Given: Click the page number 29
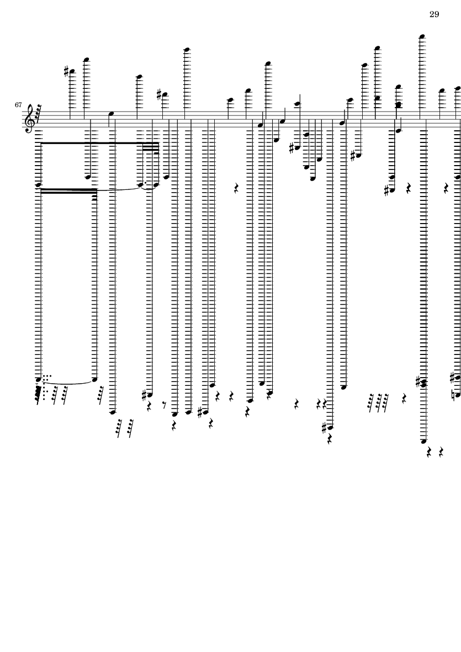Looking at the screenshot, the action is [x=434, y=14].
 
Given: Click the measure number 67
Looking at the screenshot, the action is [x=18, y=105].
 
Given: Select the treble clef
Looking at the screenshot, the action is [x=30, y=119].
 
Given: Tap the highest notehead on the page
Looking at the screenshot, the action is [x=422, y=36].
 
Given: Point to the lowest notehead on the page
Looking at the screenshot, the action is [x=423, y=441].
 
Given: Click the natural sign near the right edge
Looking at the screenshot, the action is [x=454, y=395].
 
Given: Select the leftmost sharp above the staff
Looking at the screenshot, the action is [x=66, y=71].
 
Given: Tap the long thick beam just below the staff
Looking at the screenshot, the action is [x=100, y=143].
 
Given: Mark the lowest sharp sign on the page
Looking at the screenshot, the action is [x=325, y=428].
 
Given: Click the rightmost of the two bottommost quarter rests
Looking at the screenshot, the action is [x=441, y=452].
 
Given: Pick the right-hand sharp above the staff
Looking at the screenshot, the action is [x=159, y=94].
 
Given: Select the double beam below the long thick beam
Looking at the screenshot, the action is [x=68, y=191].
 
